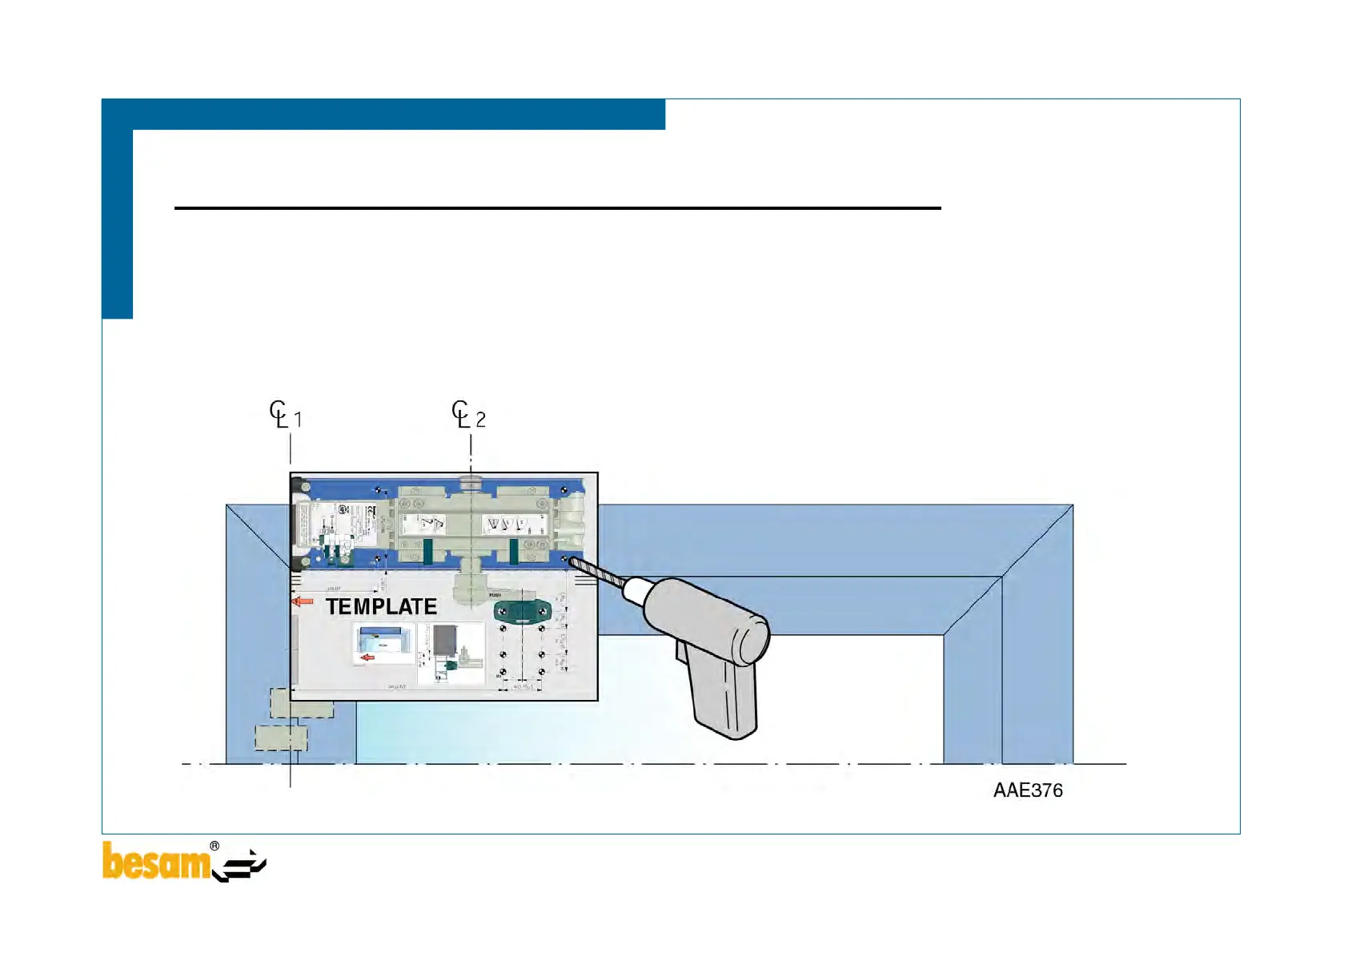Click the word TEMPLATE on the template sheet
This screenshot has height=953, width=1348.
381,607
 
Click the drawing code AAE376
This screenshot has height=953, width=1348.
1028,790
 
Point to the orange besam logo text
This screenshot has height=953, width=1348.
155,863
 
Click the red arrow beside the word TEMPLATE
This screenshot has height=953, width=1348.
303,601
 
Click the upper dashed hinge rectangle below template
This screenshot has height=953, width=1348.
302,703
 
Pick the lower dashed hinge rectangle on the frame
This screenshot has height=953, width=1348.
281,738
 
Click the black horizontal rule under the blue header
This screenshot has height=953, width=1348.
557,208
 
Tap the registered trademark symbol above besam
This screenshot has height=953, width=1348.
215,846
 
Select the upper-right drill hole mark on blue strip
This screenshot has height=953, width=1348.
564,489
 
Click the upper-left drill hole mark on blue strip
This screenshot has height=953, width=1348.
378,489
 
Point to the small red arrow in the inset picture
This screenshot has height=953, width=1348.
367,657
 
